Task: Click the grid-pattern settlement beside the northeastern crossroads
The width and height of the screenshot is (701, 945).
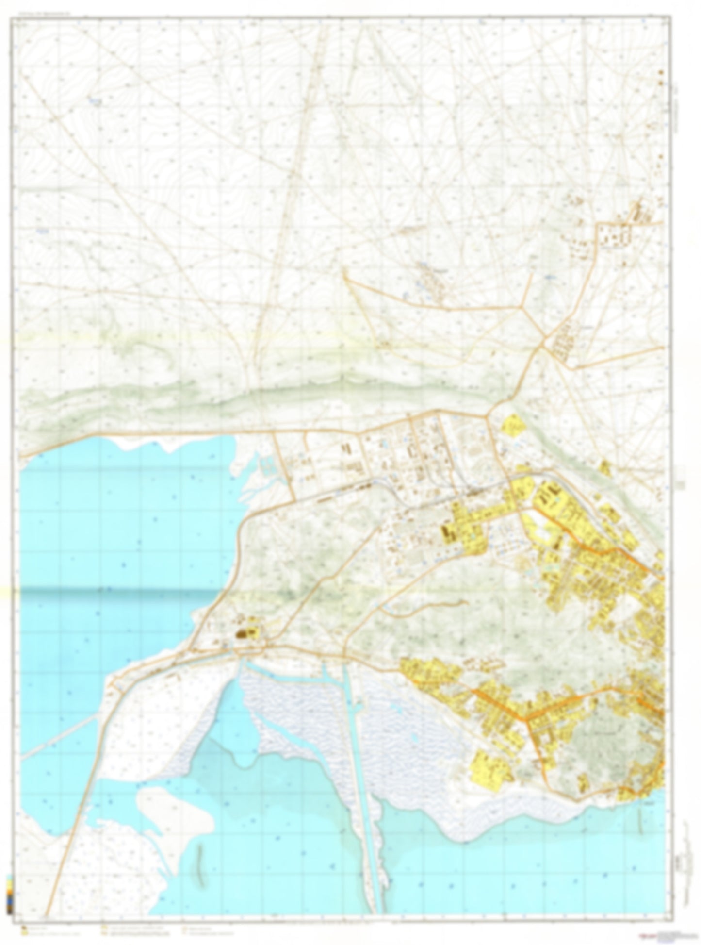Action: click(563, 340)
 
